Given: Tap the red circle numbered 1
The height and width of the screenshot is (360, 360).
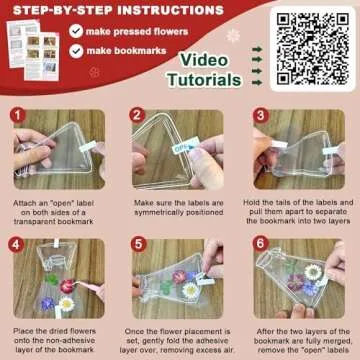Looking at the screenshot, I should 18,116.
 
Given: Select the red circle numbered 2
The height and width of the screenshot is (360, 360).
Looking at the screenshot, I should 139,116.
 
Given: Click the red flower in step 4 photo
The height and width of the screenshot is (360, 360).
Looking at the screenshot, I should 67,286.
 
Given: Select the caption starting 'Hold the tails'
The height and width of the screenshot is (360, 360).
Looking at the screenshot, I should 299,212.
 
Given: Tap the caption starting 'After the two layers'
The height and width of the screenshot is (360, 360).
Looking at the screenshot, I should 299,337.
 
